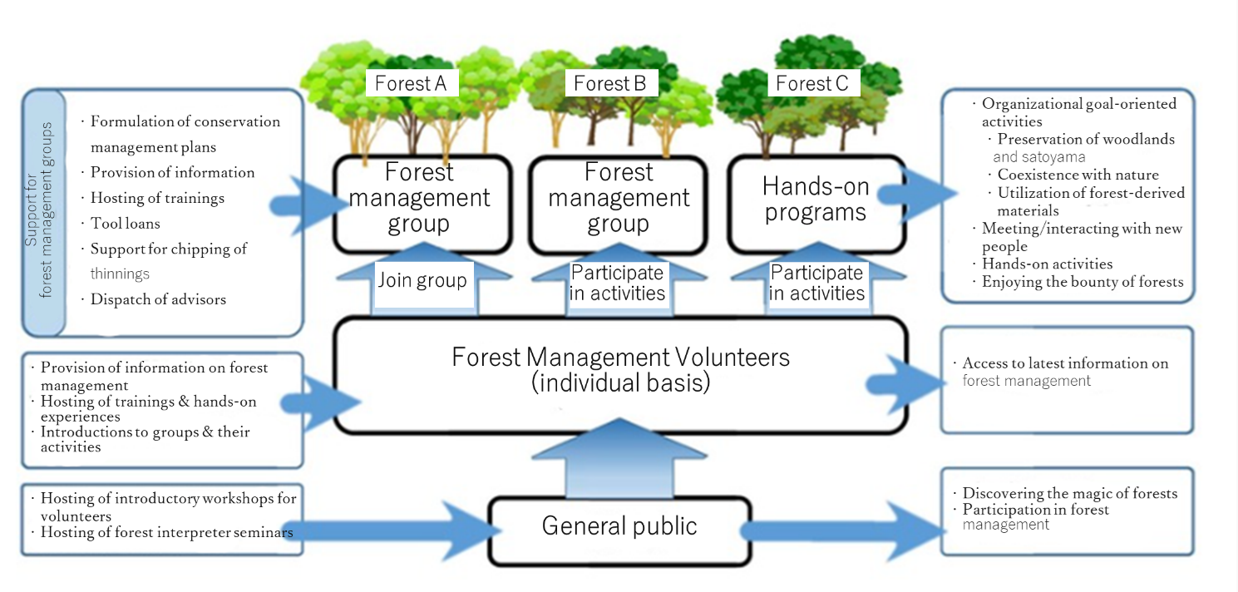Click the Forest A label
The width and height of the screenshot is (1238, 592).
[x=412, y=83]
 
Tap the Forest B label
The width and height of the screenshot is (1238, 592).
[x=610, y=83]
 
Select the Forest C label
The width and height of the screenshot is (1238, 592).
[x=812, y=83]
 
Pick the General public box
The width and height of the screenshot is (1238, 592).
[x=619, y=526]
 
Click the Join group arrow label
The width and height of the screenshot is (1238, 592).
[x=422, y=281]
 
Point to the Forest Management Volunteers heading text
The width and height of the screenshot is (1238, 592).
[x=620, y=358]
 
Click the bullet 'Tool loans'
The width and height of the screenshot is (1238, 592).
[x=125, y=224]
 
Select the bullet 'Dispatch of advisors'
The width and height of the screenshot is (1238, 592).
[x=158, y=299]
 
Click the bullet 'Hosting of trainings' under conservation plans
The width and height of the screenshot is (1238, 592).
[x=157, y=198]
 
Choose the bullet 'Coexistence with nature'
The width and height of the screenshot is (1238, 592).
[x=1078, y=175]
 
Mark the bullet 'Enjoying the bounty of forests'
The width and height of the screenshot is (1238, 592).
[x=1082, y=282]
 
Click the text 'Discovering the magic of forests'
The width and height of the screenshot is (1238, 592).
[x=1069, y=493]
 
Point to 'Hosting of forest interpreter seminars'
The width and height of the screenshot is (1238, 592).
[x=166, y=532]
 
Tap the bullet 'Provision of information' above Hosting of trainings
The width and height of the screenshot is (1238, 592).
[x=172, y=172]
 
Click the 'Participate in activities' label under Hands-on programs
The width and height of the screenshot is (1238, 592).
[x=816, y=283]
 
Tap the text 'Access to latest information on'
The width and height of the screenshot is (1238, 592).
[x=1064, y=363]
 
